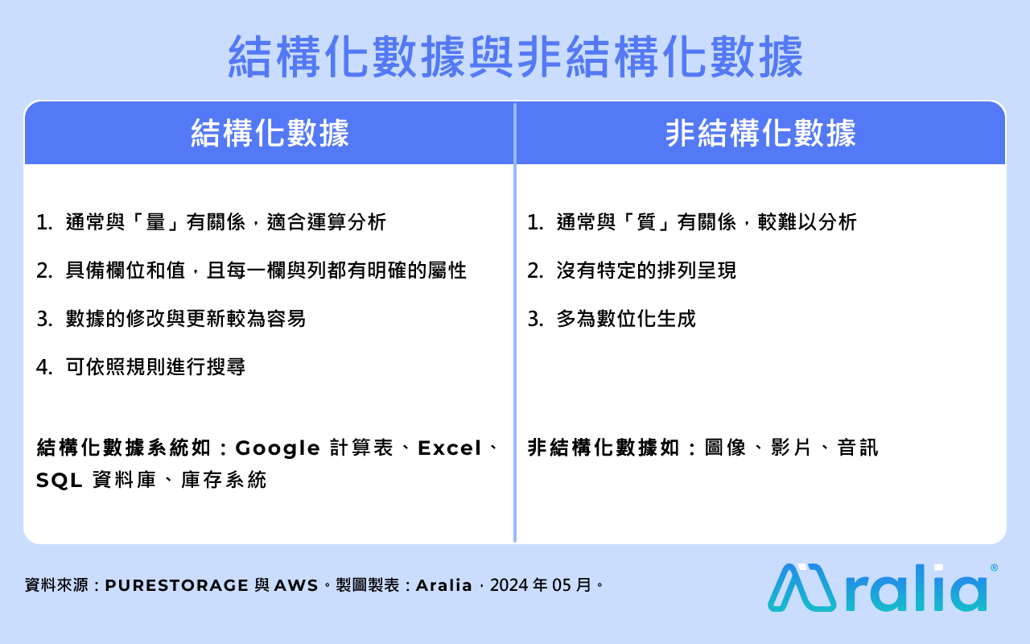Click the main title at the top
tap(516, 57)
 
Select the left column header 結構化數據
tap(270, 134)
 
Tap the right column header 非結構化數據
tap(760, 134)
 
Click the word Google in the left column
tap(278, 448)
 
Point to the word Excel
tap(449, 448)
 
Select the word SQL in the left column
tap(60, 481)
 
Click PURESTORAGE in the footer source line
tap(176, 585)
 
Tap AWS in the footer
tap(296, 585)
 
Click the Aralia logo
tap(878, 588)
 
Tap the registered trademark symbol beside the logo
tap(994, 568)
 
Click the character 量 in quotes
tap(155, 222)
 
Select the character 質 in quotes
tap(646, 222)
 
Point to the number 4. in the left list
tap(44, 367)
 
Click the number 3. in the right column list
tap(536, 319)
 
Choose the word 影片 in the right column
tap(791, 448)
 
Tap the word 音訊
tap(858, 448)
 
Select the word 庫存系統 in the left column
tap(224, 481)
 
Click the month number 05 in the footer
tap(562, 585)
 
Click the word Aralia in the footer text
tap(443, 585)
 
